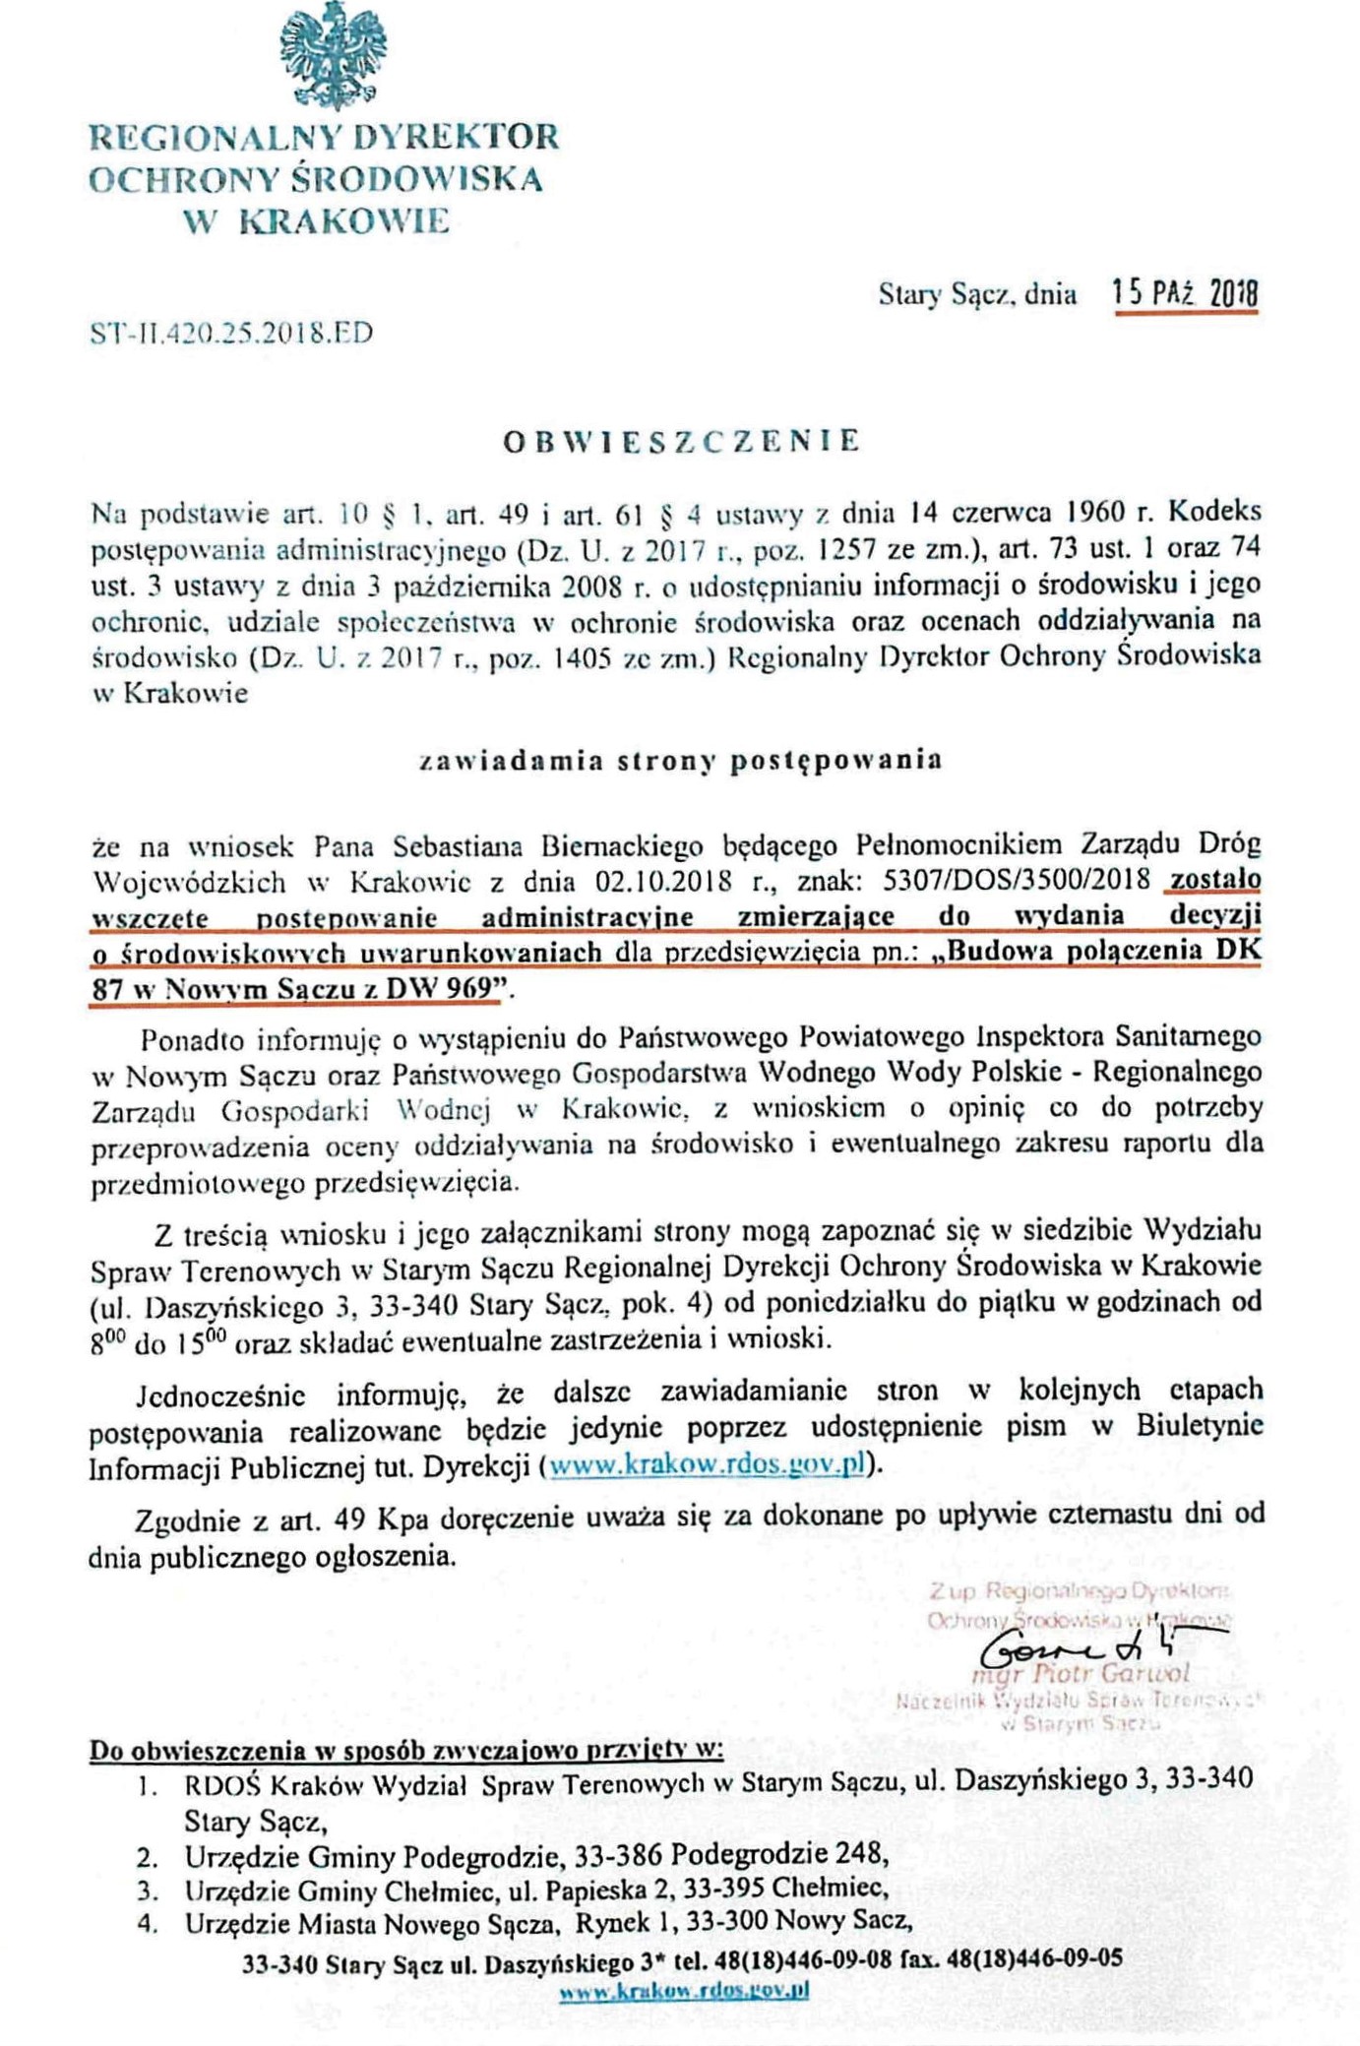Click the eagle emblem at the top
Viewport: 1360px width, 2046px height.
click(x=333, y=56)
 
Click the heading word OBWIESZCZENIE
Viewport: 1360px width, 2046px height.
click(x=681, y=440)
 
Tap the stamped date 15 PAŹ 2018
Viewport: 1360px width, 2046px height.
click(x=1185, y=292)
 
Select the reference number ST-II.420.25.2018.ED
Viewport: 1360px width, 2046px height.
click(x=231, y=333)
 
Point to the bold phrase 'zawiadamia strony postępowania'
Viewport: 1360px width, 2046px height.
click(x=681, y=760)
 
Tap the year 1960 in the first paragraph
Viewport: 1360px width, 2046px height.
click(x=1097, y=512)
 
